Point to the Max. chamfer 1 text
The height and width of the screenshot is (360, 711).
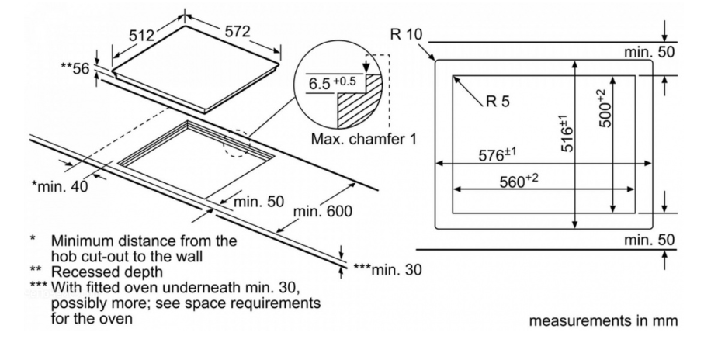pyautogui.click(x=363, y=140)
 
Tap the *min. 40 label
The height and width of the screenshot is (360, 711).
pyautogui.click(x=60, y=185)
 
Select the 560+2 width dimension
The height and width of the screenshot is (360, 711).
pyautogui.click(x=518, y=182)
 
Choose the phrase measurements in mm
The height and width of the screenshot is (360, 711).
pyautogui.click(x=603, y=320)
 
